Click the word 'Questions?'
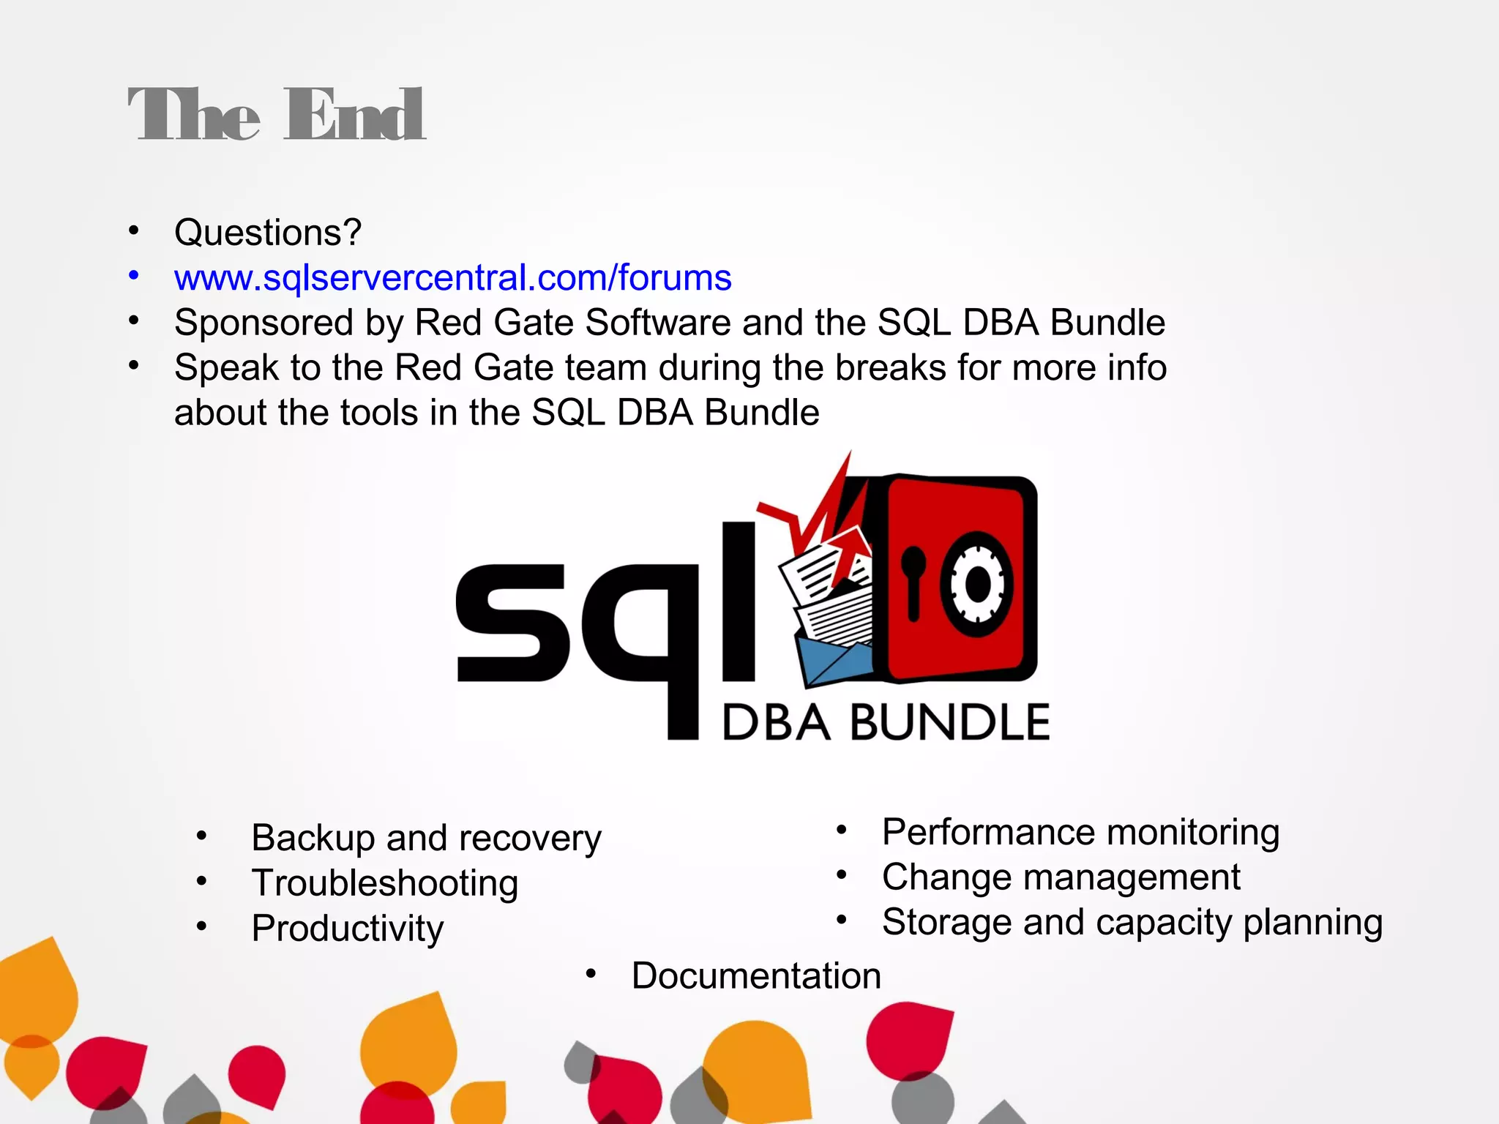pyautogui.click(x=268, y=233)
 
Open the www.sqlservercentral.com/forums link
pyautogui.click(x=452, y=278)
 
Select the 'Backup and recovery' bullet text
pyautogui.click(x=426, y=838)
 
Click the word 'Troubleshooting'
pyautogui.click(x=385, y=883)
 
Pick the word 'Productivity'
pyautogui.click(x=348, y=929)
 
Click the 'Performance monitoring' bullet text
pyautogui.click(x=1080, y=832)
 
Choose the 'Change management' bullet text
pyautogui.click(x=1061, y=877)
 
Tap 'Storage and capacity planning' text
pyautogui.click(x=1132, y=922)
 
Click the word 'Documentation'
pyautogui.click(x=756, y=976)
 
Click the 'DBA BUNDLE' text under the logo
pyautogui.click(x=886, y=722)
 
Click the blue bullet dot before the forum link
pyautogui.click(x=133, y=277)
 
